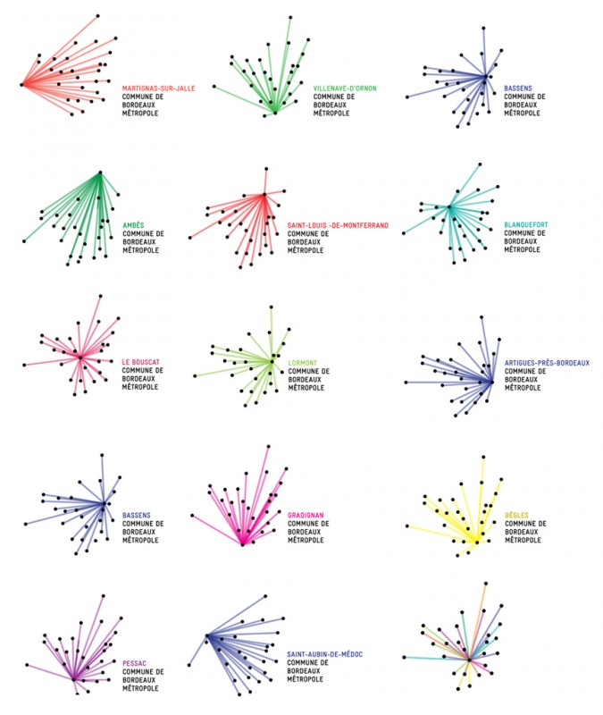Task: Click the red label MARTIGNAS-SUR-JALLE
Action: pos(159,88)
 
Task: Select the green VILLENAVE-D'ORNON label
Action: pos(345,88)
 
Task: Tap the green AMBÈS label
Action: pos(134,224)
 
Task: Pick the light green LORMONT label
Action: pos(303,363)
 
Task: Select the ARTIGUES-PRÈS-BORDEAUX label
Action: pos(547,363)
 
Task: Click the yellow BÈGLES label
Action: pos(516,516)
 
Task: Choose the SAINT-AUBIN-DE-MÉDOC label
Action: pos(325,654)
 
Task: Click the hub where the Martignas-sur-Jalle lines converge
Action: pos(21,85)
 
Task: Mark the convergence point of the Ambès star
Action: pos(100,172)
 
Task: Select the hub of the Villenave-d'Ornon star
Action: pos(275,113)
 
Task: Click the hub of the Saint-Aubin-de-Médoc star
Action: pos(206,635)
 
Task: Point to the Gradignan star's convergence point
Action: pos(242,543)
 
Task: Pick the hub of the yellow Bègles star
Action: pos(475,541)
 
